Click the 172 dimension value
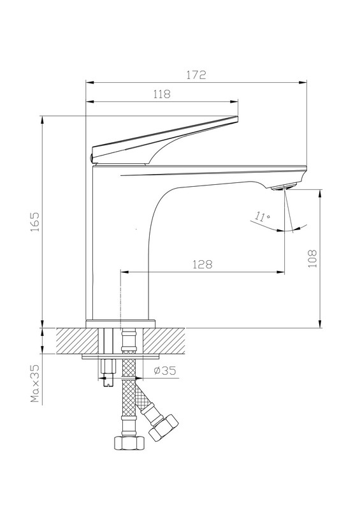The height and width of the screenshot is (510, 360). [x=196, y=75]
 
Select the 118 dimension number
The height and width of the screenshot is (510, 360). [x=162, y=94]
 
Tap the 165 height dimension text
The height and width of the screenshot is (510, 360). [x=35, y=222]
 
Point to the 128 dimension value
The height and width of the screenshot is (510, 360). [x=202, y=265]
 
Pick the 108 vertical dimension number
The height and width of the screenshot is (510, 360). [x=312, y=259]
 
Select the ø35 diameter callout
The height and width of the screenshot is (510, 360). [x=164, y=370]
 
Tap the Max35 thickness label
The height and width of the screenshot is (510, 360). [x=35, y=383]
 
